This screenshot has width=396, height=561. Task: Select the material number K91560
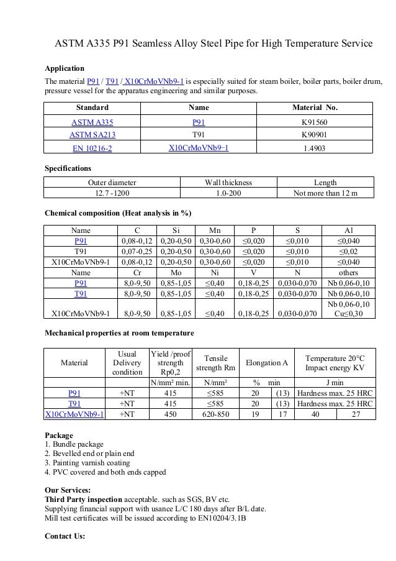[315, 122]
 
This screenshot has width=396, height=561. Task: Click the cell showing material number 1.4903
[315, 148]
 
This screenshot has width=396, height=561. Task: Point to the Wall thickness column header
[228, 183]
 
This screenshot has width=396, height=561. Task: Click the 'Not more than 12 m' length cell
[325, 193]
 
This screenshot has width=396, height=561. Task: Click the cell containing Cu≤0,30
[349, 314]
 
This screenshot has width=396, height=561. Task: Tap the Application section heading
[65, 68]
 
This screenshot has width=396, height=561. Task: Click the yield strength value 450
[171, 414]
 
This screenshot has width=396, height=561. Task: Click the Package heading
[59, 436]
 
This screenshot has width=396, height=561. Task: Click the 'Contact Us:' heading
[65, 535]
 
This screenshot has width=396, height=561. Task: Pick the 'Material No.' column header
[315, 107]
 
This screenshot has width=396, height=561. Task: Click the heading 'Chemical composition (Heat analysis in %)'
[118, 213]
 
